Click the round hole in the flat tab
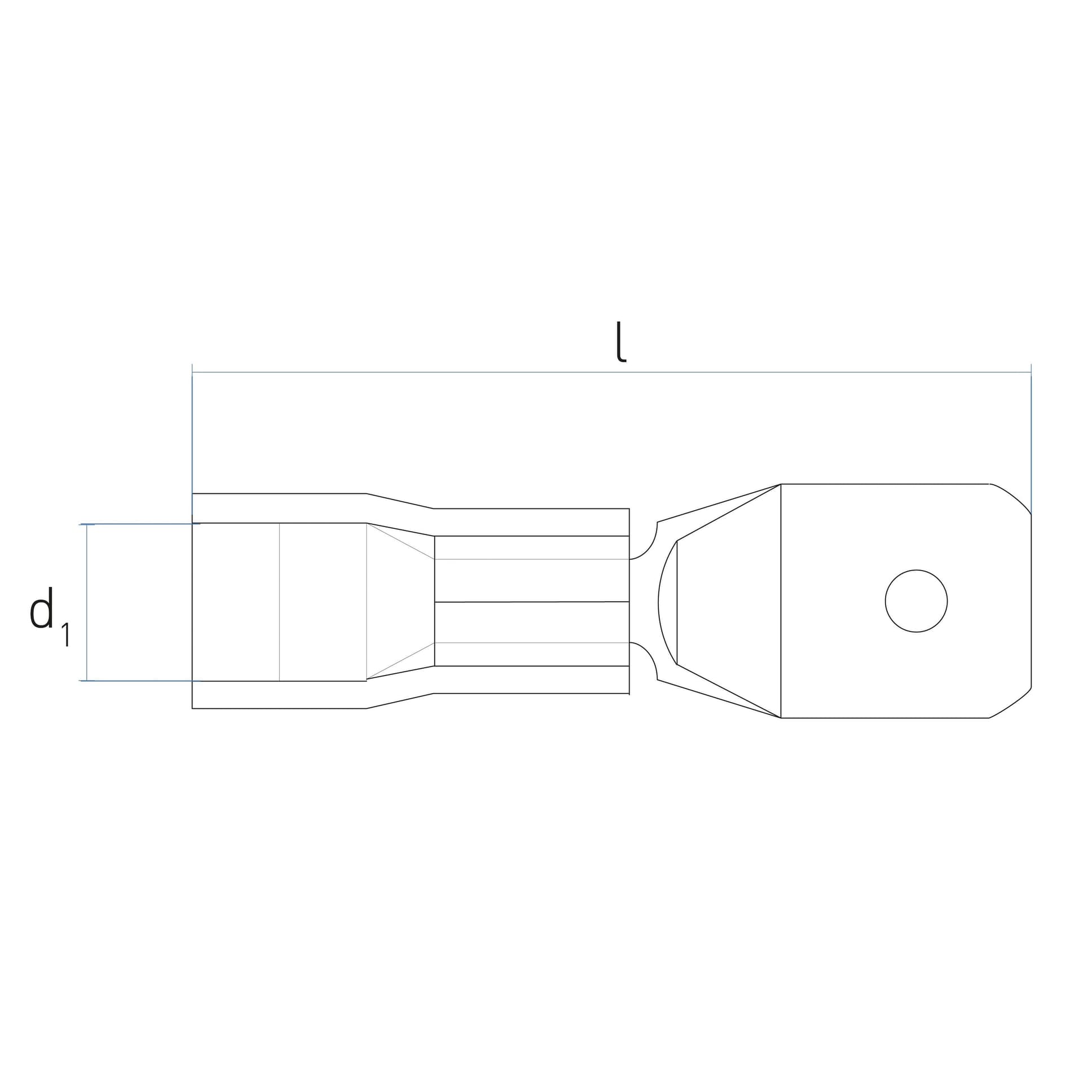pyautogui.click(x=916, y=601)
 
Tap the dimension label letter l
pyautogui.click(x=620, y=341)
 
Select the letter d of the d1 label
pyautogui.click(x=42, y=608)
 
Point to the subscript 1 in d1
pyautogui.click(x=66, y=634)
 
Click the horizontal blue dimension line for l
pyautogui.click(x=611, y=372)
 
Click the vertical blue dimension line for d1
pyautogui.click(x=87, y=602)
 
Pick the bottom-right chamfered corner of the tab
pyautogui.click(x=1011, y=704)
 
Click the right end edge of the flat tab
pyautogui.click(x=1031, y=601)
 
